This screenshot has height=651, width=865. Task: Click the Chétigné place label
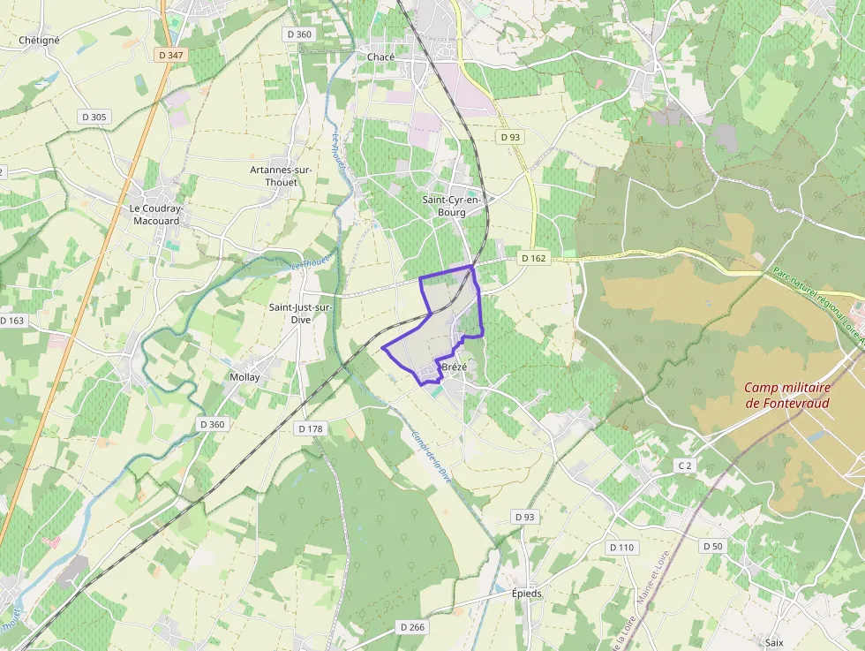click(39, 40)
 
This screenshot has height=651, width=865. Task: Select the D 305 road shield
click(94, 117)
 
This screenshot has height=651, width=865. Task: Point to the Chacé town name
click(380, 57)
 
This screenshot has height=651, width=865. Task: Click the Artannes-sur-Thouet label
click(274, 175)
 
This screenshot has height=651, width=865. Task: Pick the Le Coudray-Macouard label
click(155, 215)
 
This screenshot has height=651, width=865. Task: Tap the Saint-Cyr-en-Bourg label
click(452, 205)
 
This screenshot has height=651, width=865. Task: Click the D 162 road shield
click(533, 258)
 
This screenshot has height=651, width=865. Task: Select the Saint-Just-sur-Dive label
click(300, 313)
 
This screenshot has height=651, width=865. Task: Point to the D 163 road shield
click(12, 320)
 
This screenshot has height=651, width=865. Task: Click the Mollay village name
click(244, 377)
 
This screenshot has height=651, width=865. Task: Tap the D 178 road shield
click(311, 428)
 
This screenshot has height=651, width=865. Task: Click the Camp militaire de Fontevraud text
click(789, 395)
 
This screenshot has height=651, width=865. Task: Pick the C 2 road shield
click(684, 466)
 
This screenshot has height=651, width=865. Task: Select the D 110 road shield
click(621, 547)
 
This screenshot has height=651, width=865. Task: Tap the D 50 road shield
click(712, 547)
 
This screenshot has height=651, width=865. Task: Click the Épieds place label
click(527, 594)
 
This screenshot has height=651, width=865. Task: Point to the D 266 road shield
click(411, 626)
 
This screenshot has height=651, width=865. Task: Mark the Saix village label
click(775, 643)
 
